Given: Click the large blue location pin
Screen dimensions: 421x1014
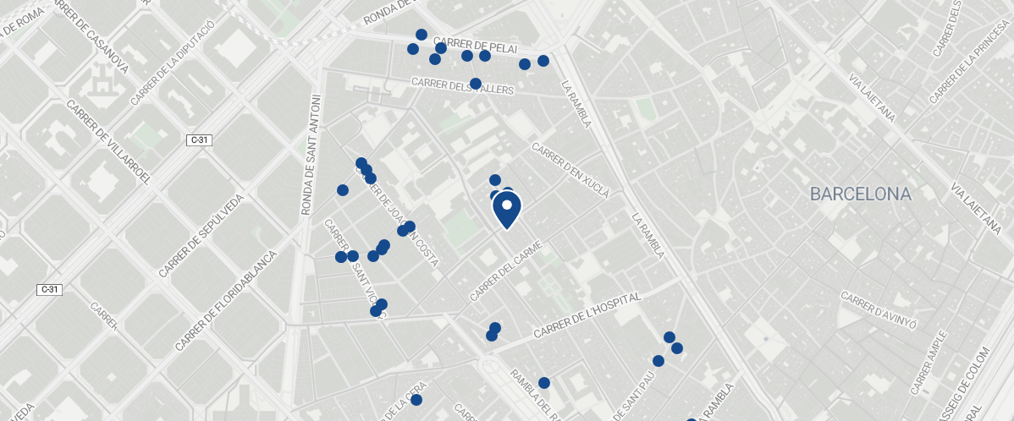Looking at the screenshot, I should [506, 209].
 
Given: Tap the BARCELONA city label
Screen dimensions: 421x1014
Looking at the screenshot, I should [860, 194].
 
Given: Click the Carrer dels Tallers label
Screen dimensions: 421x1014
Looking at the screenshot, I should [463, 85].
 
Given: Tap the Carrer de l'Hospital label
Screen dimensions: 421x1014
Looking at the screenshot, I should [588, 317].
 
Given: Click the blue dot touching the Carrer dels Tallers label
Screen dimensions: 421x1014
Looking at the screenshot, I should [476, 84].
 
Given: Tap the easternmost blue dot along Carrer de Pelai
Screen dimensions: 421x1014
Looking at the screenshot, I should [543, 61].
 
